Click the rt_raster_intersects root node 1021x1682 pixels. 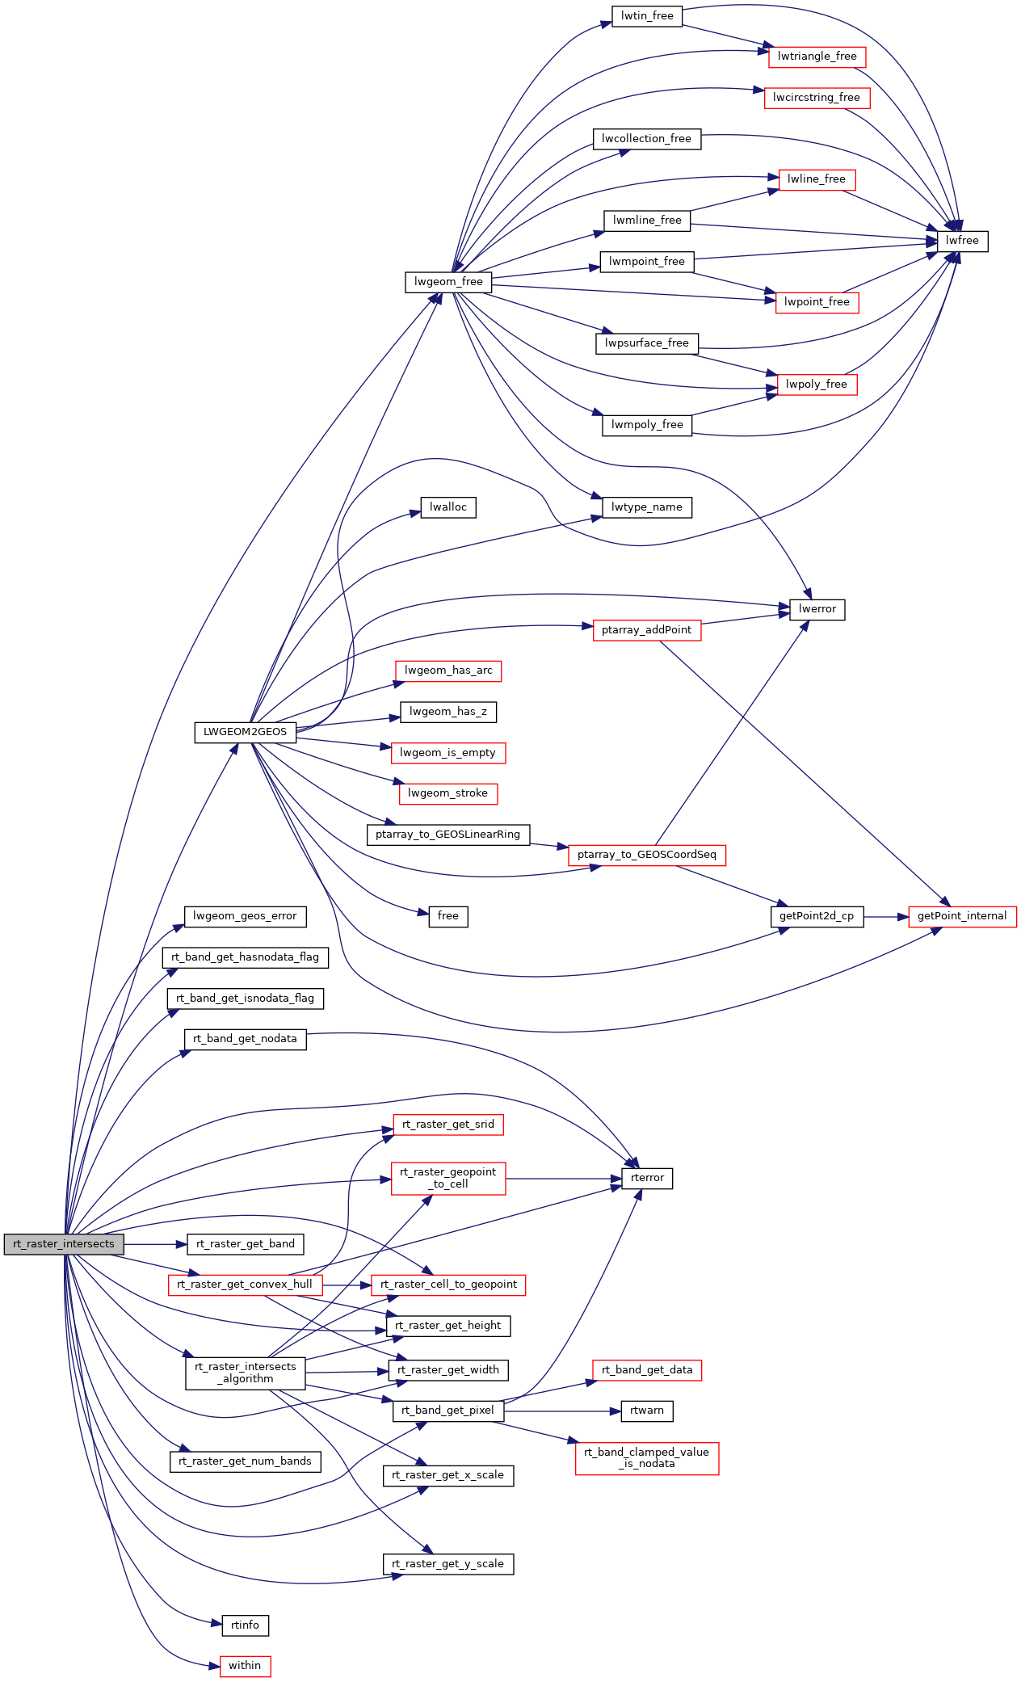coord(64,1244)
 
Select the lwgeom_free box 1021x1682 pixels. coord(448,282)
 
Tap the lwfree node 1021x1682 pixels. coord(962,241)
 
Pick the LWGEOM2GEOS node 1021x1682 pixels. coord(245,732)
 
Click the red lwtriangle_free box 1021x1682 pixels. coord(817,57)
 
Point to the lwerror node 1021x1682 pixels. coord(817,609)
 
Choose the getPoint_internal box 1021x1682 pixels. coord(962,916)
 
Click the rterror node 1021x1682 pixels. coord(647,1178)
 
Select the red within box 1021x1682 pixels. coord(245,1666)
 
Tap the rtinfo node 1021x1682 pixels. coord(245,1625)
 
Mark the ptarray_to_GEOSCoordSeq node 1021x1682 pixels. coord(647,855)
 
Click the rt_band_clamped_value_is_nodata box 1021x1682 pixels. coord(647,1458)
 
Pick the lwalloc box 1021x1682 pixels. coord(448,507)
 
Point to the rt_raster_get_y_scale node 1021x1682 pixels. coord(448,1564)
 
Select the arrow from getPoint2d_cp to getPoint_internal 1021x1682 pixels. coord(886,917)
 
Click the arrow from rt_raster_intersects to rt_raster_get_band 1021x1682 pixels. coord(156,1244)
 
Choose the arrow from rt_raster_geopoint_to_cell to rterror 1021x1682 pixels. coord(564,1179)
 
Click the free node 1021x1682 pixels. coord(448,916)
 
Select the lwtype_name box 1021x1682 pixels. coord(647,507)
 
